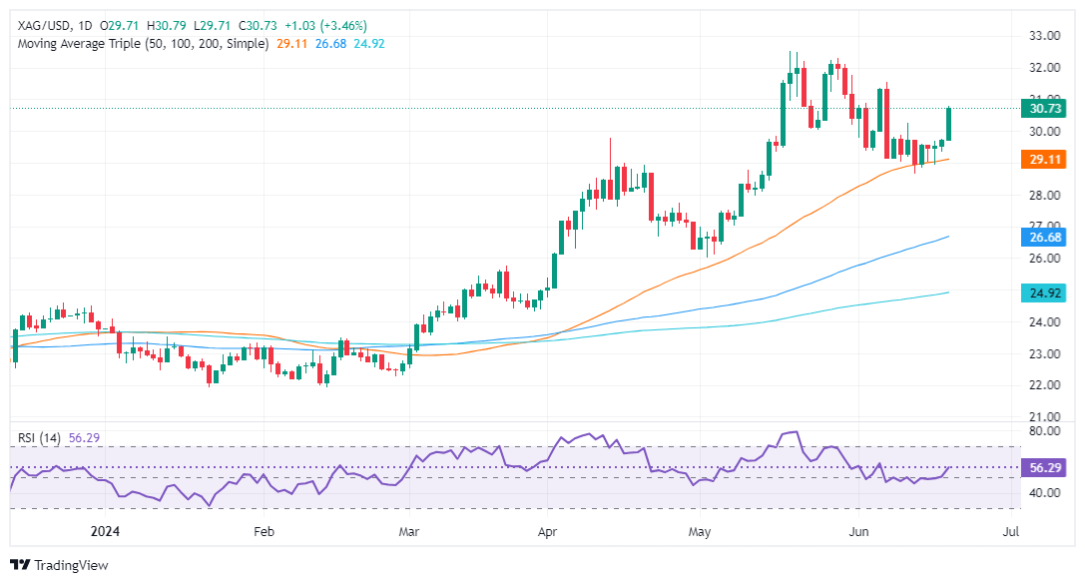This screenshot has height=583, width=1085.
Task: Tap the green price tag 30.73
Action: [1048, 108]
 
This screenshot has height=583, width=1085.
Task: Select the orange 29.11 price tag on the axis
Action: [1048, 159]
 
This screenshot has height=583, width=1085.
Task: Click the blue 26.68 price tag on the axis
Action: [1048, 237]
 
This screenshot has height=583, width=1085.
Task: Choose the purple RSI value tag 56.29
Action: [1048, 466]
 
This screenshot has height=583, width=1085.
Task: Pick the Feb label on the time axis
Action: [263, 532]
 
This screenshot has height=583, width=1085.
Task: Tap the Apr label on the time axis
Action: [548, 532]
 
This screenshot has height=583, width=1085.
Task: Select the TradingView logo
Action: [59, 565]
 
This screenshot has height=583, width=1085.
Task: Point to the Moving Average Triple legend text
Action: [141, 45]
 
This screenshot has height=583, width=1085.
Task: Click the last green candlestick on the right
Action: [950, 124]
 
